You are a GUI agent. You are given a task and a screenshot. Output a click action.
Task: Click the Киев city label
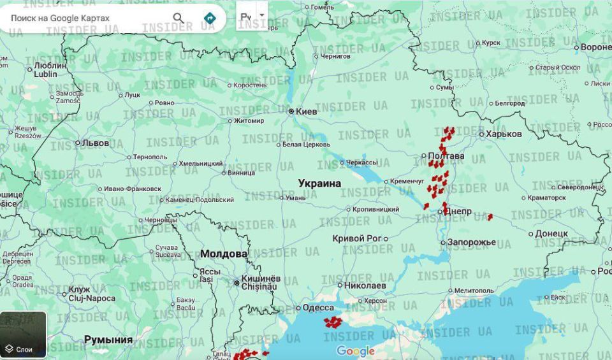click(306, 112)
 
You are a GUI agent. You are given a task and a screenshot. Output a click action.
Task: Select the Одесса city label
click(317, 308)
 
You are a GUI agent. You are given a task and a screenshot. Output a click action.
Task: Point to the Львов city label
click(96, 143)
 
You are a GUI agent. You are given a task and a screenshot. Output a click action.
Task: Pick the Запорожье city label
click(471, 242)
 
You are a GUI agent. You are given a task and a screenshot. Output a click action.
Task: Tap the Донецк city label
click(551, 234)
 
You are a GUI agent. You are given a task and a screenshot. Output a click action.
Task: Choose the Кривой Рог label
click(356, 238)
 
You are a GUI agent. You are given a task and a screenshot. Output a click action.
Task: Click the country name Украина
click(319, 184)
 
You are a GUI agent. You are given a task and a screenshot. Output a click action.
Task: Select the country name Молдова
click(224, 254)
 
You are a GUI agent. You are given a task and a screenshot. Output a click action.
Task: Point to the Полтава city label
click(446, 156)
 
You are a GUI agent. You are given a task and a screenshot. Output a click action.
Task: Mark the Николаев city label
click(365, 285)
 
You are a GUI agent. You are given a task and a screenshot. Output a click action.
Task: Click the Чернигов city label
click(336, 56)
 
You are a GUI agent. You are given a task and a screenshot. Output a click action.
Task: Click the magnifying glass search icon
click(178, 18)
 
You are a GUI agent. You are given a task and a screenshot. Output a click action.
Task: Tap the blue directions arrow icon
click(209, 18)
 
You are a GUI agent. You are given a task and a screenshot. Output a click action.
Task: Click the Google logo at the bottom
click(355, 351)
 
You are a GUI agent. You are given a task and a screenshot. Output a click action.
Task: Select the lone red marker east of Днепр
click(490, 217)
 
